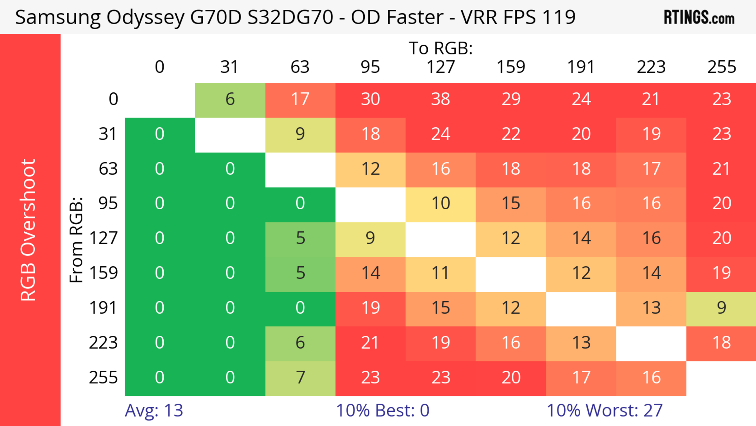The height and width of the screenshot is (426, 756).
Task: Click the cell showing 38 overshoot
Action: tap(441, 99)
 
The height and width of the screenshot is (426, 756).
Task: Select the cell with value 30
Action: tap(370, 99)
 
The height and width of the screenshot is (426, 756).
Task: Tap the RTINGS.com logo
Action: tap(699, 17)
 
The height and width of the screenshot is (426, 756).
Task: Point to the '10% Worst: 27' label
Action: tap(605, 410)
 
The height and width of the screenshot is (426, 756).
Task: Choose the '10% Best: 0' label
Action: tap(382, 410)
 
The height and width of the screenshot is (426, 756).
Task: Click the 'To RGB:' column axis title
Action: tap(441, 48)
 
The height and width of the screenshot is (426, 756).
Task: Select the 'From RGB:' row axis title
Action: tap(76, 240)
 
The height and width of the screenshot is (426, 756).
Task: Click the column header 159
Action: tap(511, 67)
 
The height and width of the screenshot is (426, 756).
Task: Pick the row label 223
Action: tap(103, 343)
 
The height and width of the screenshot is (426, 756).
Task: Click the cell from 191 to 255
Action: tap(721, 308)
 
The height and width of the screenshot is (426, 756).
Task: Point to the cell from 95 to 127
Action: tap(441, 203)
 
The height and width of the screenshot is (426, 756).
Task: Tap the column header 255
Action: tap(721, 67)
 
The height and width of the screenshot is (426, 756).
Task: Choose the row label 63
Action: tap(108, 169)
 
